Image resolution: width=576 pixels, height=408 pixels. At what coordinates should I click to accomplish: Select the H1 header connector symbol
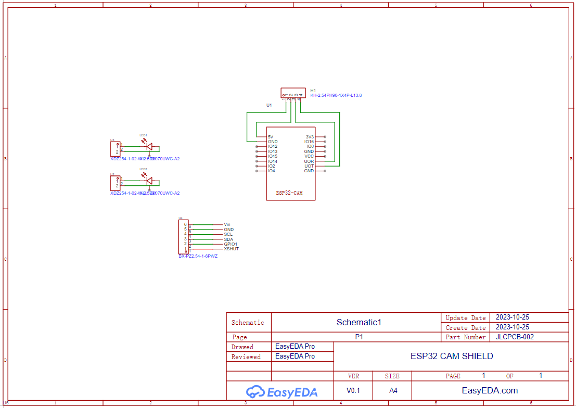293,93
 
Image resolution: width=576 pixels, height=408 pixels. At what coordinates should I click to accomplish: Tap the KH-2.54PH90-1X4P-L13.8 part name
336,96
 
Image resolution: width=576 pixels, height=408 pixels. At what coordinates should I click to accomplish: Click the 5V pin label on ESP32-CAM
271,137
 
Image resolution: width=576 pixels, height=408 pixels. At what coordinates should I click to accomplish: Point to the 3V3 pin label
310,137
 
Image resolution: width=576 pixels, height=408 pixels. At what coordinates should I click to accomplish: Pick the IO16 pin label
309,142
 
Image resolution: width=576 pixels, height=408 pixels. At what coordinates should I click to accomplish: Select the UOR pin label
309,161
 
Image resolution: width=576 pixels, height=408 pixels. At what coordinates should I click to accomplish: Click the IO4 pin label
272,171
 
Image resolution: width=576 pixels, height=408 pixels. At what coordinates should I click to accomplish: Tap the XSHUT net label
231,249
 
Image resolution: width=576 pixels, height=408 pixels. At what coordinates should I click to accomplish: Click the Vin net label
227,224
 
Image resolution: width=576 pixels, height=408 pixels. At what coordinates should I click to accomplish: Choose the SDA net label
228,239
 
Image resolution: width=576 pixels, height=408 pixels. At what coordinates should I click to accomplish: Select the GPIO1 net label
231,244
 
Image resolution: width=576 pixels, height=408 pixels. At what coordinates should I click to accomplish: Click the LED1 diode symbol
149,147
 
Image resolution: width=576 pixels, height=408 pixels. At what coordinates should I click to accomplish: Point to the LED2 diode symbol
149,181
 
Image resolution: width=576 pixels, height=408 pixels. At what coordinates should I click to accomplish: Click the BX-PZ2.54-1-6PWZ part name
198,257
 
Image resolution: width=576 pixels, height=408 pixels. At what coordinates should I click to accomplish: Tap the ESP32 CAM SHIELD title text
451,356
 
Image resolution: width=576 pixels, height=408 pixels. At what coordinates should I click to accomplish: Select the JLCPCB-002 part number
515,337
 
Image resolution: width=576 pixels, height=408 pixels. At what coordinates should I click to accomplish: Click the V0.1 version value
353,390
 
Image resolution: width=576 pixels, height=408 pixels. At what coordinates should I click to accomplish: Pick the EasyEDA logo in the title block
281,391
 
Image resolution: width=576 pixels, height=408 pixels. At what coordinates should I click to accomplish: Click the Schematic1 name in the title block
359,322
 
